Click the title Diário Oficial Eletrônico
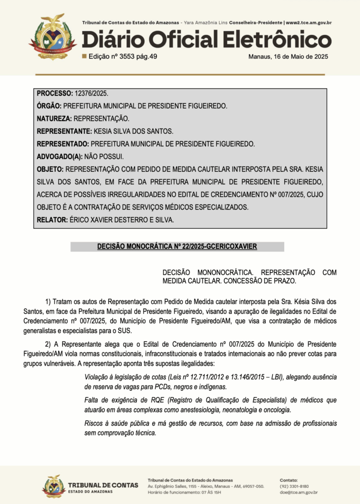206,39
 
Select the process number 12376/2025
92,93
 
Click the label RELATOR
52,220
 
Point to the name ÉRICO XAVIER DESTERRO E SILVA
122,220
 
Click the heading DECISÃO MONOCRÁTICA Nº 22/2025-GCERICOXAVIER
177,247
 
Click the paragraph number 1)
48,301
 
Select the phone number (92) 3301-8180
294,486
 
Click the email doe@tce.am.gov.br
298,492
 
